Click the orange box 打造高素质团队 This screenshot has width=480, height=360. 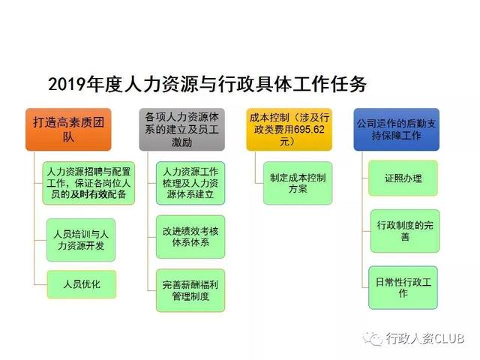point(68,129)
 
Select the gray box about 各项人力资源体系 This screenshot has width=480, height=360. point(181,129)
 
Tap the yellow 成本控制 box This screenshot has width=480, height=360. point(289,129)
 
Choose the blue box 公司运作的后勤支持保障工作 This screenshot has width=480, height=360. point(397,129)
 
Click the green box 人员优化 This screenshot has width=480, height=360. point(82,284)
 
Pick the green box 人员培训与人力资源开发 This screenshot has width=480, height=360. point(81,240)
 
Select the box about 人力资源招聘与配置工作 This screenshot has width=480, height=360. point(88,183)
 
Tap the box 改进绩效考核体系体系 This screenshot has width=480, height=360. point(190,237)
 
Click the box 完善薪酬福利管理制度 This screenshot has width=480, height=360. point(190,290)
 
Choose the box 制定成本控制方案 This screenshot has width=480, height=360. point(298,183)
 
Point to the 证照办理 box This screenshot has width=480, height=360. point(403,178)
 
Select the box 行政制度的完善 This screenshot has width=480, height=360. point(405,231)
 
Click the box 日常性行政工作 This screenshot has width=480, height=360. point(403,288)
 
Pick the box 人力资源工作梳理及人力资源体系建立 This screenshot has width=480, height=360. point(190,183)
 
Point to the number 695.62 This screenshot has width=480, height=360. point(309,130)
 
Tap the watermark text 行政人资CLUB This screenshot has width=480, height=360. point(425,338)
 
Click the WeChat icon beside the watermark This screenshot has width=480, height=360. point(373,338)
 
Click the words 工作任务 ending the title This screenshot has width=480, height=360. point(329,84)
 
